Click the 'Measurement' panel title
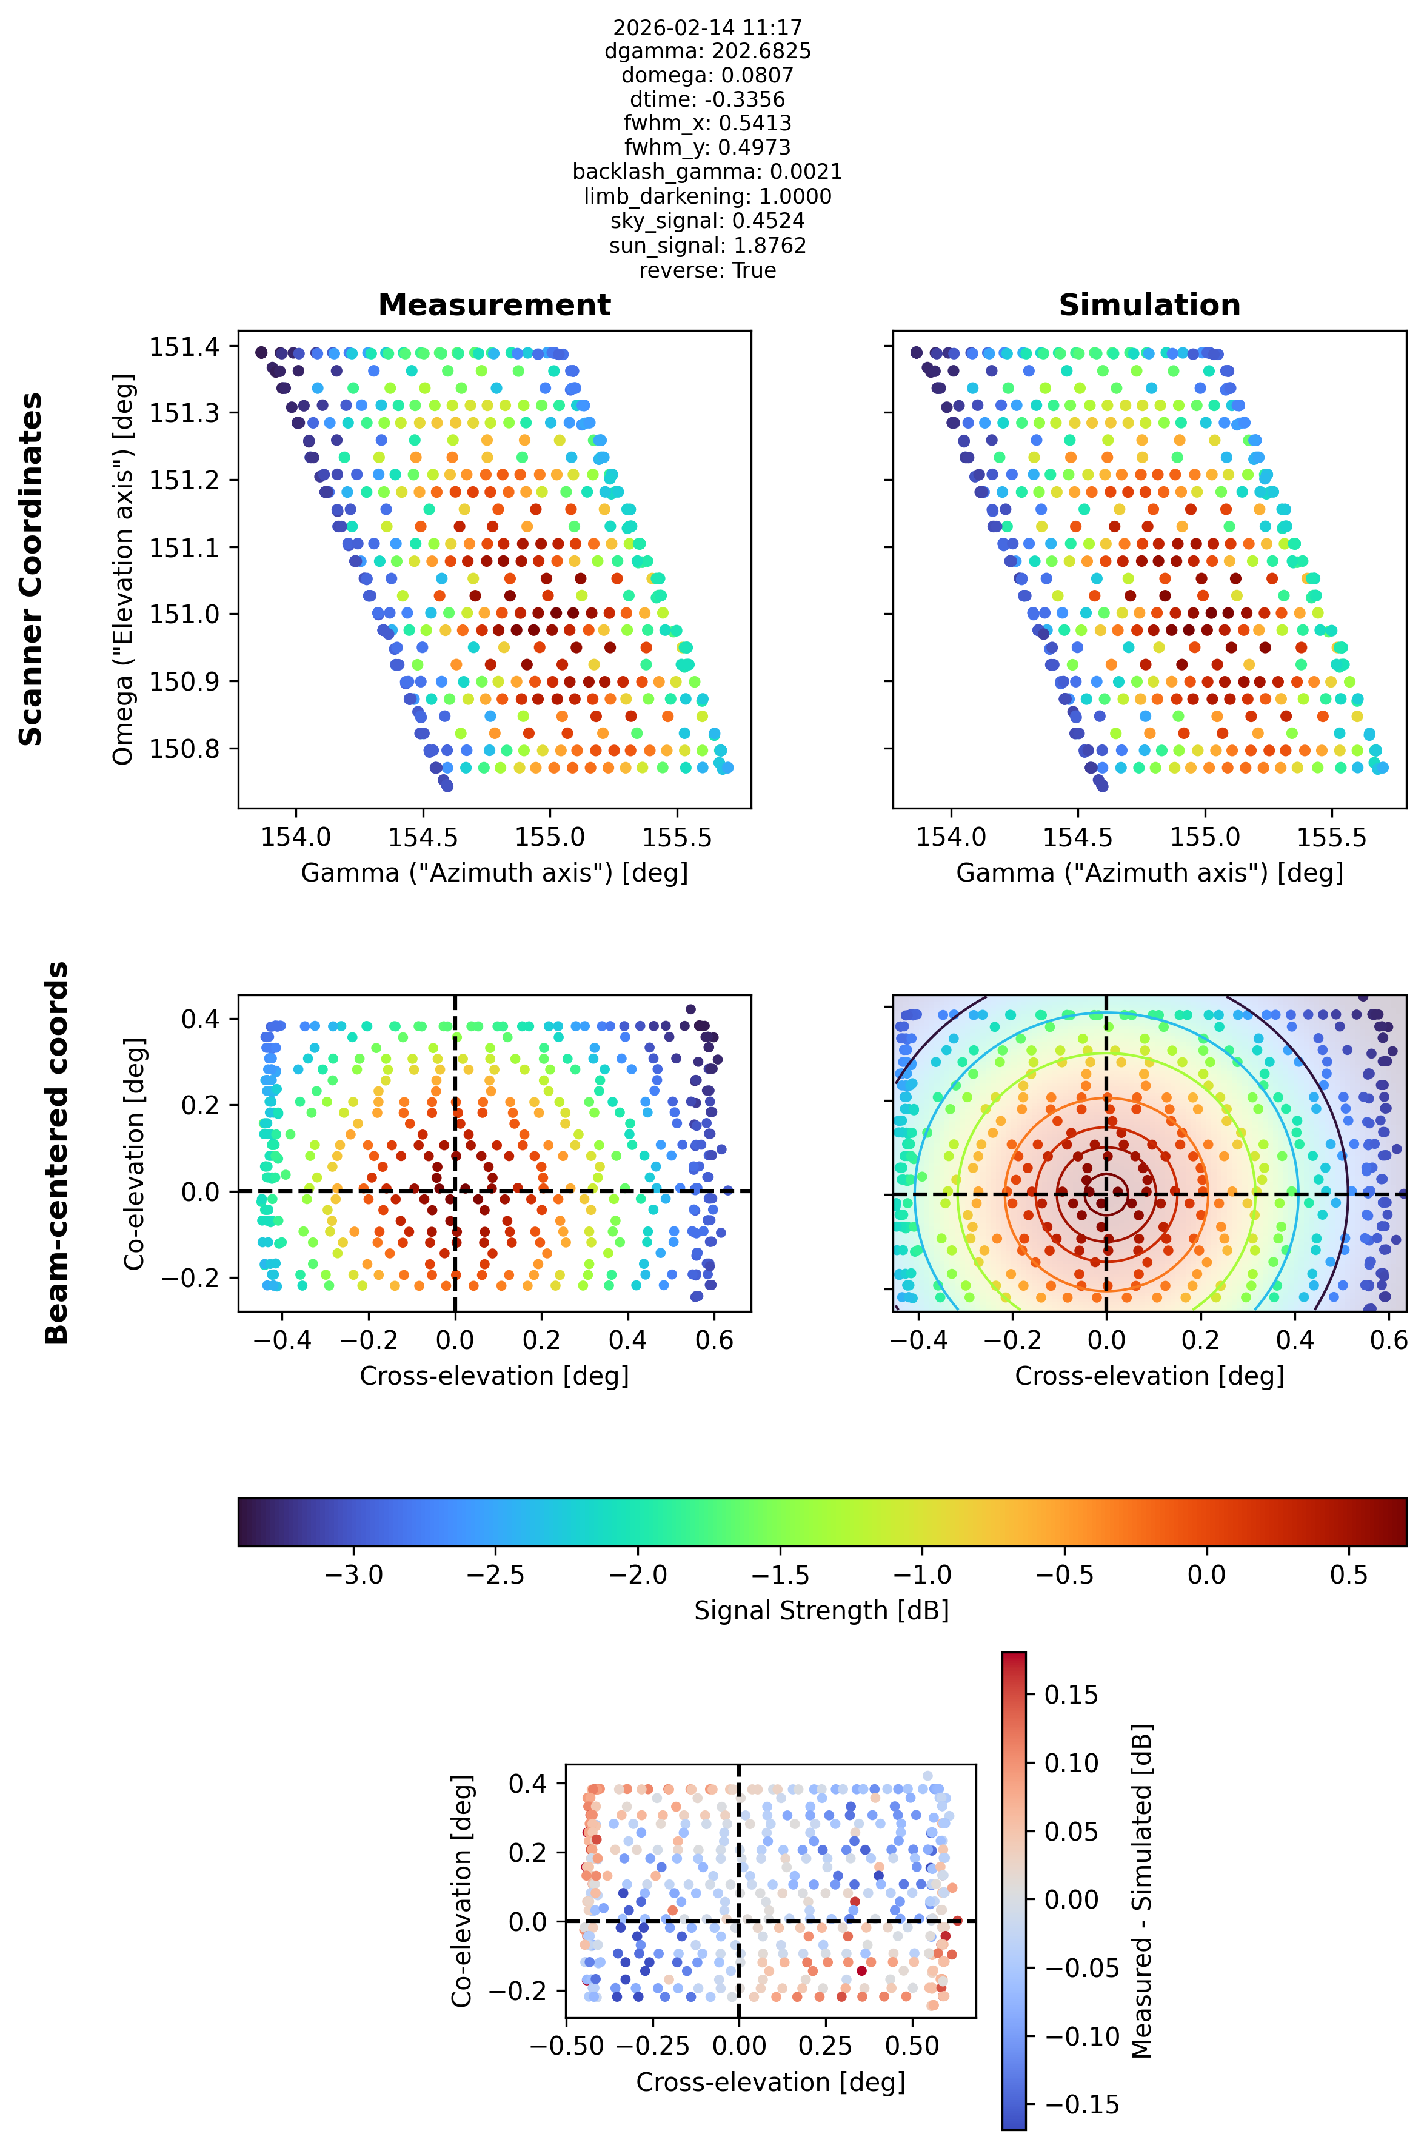494,305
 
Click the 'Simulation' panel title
1149,305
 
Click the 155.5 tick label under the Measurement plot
676,837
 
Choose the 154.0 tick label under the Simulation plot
951,837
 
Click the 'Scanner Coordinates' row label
31,569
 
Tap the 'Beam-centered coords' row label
56,1153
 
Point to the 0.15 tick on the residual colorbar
1071,1695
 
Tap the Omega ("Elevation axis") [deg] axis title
123,569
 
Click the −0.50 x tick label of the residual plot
567,2046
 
